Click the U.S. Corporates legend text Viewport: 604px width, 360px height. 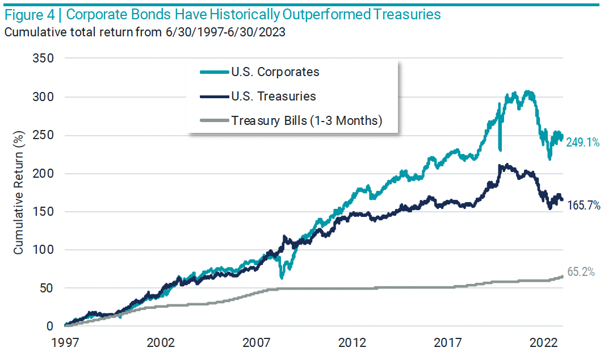pyautogui.click(x=275, y=72)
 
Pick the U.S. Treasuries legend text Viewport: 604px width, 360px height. pyautogui.click(x=273, y=97)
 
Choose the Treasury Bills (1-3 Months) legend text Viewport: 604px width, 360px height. pyautogui.click(x=307, y=120)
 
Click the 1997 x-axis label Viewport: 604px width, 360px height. pyautogui.click(x=64, y=344)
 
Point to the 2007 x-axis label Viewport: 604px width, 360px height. pyautogui.click(x=256, y=344)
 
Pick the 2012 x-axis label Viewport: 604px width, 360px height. pyautogui.click(x=352, y=344)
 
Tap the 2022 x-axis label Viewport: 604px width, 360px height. pyautogui.click(x=543, y=344)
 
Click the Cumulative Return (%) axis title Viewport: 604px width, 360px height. pyautogui.click(x=19, y=192)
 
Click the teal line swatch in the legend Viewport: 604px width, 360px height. pyautogui.click(x=214, y=72)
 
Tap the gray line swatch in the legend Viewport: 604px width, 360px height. pyautogui.click(x=214, y=120)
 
